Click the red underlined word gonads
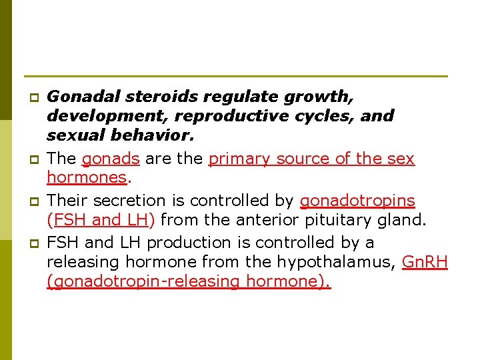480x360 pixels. coord(110,159)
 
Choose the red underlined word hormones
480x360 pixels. coord(86,178)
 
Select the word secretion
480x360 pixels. coord(127,201)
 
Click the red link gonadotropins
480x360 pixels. coord(357,201)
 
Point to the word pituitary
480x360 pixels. coord(333,219)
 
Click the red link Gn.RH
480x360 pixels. coord(425,262)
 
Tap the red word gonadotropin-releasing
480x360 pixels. coord(143,281)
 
